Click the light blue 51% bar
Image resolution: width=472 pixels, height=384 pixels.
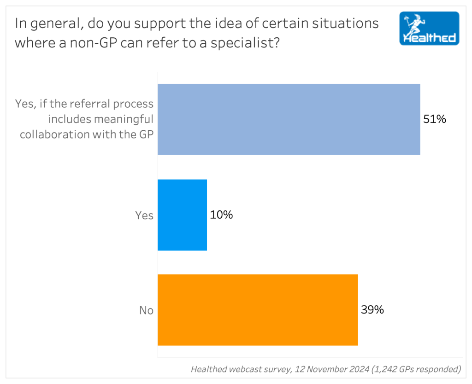coord(289,119)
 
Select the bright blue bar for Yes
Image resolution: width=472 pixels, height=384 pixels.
coord(182,215)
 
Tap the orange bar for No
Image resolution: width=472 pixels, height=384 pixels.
coord(258,310)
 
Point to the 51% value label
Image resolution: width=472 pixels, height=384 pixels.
coord(435,119)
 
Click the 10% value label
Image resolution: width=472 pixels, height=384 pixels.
coord(221,215)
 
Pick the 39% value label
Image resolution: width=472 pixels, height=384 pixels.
coord(372,310)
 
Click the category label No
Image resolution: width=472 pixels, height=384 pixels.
coord(146,311)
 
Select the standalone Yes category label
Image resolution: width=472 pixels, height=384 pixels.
coord(144,215)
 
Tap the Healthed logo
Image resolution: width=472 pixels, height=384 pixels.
coord(429,29)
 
